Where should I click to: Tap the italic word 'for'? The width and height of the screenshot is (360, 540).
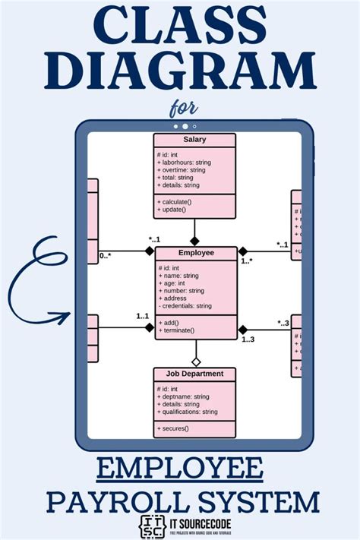coord(179,109)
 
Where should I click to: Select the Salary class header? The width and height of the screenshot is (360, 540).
coord(194,140)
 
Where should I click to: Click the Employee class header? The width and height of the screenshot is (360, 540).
coord(196,253)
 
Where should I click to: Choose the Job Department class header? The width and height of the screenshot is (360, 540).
coord(194,374)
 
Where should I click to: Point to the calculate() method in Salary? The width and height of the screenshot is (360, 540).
coord(175,201)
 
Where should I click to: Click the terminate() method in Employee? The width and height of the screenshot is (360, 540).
coord(178,330)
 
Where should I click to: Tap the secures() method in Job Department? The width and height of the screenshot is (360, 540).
coord(174,428)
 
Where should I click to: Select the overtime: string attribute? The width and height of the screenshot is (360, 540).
coord(182,170)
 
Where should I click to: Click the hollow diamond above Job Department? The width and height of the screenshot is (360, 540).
coord(195,362)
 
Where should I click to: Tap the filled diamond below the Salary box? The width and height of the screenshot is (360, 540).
coord(195,241)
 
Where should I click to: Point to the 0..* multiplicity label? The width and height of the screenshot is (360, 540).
coord(106,257)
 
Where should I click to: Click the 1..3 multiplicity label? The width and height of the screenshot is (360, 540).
coord(248,339)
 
